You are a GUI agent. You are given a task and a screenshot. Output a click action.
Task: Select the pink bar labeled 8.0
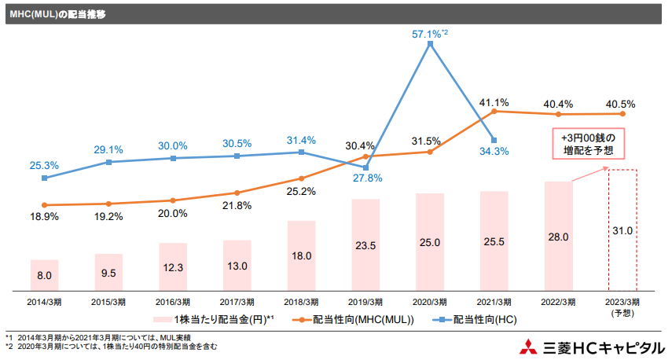44,274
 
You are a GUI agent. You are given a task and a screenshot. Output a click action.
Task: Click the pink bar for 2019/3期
365,244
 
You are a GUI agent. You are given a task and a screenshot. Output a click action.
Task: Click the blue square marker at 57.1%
430,44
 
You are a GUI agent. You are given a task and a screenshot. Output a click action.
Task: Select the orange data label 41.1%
494,102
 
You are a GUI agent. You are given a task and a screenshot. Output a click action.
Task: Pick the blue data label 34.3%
494,151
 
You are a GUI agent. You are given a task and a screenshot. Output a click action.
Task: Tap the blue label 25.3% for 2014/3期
43,165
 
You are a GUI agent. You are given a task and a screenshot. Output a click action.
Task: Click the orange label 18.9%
43,216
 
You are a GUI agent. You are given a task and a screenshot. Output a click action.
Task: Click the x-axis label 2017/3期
237,302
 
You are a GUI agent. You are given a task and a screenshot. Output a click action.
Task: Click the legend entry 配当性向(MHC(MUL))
354,319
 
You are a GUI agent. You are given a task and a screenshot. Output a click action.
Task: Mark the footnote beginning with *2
110,346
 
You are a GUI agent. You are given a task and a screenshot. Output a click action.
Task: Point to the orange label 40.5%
621,104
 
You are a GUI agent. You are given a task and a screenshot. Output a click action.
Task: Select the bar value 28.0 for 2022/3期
558,236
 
